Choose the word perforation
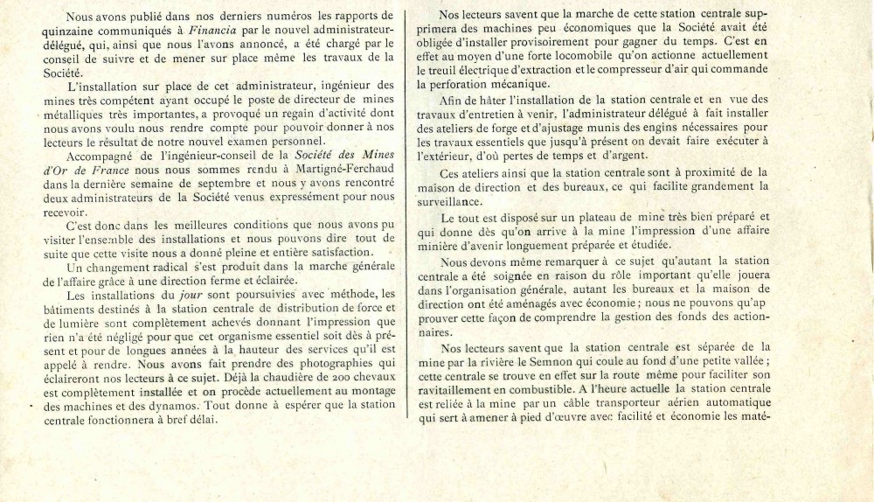461,84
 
